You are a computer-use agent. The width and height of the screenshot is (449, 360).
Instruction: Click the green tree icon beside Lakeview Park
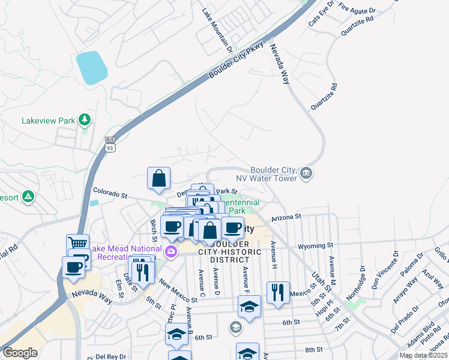pyautogui.click(x=85, y=120)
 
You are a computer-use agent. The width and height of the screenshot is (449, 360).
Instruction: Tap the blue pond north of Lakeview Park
pyautogui.click(x=91, y=67)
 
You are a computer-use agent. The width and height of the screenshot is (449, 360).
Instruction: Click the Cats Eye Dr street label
pyautogui.click(x=322, y=13)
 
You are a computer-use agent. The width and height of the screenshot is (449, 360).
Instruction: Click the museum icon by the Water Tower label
pyautogui.click(x=306, y=174)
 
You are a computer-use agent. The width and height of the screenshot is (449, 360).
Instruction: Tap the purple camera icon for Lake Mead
pyautogui.click(x=171, y=251)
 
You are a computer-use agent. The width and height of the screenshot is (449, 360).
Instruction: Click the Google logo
pyautogui.click(x=20, y=353)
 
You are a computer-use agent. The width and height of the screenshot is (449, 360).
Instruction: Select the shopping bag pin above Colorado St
pyautogui.click(x=158, y=178)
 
